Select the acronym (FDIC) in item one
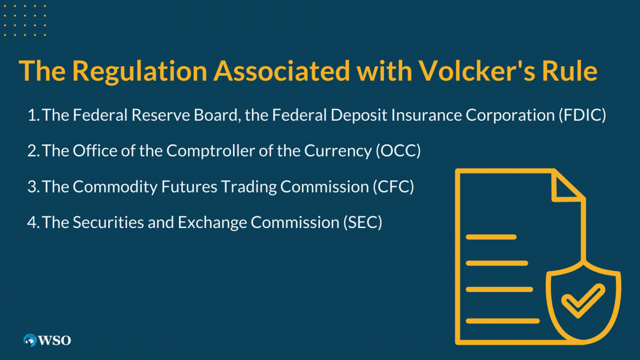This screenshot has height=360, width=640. tap(582, 115)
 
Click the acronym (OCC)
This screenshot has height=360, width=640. tap(398, 151)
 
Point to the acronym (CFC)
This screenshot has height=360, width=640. tap(393, 186)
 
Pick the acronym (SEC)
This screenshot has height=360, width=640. tap(363, 222)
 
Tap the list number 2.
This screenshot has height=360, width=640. tap(33, 151)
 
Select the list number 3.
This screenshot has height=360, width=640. tap(33, 187)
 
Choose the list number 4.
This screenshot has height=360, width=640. tap(33, 223)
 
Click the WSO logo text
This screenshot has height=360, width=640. tap(54, 340)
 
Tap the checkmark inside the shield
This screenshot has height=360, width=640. tap(583, 300)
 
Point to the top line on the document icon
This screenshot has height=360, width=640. tap(491, 237)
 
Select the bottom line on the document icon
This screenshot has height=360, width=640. tap(502, 321)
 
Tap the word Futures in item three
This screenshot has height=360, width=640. tap(189, 187)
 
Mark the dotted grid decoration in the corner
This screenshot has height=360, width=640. tap(25, 20)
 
